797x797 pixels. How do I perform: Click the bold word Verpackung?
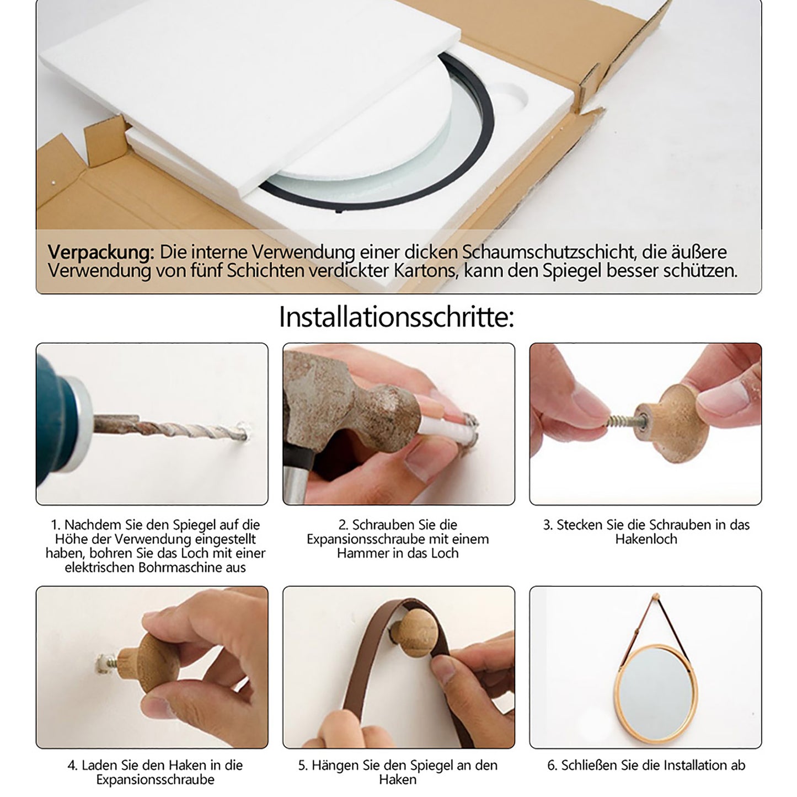[x=101, y=252]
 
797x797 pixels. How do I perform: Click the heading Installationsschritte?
[x=397, y=318]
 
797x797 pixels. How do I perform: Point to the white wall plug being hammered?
[x=447, y=428]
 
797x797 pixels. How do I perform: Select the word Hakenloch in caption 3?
[x=646, y=539]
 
